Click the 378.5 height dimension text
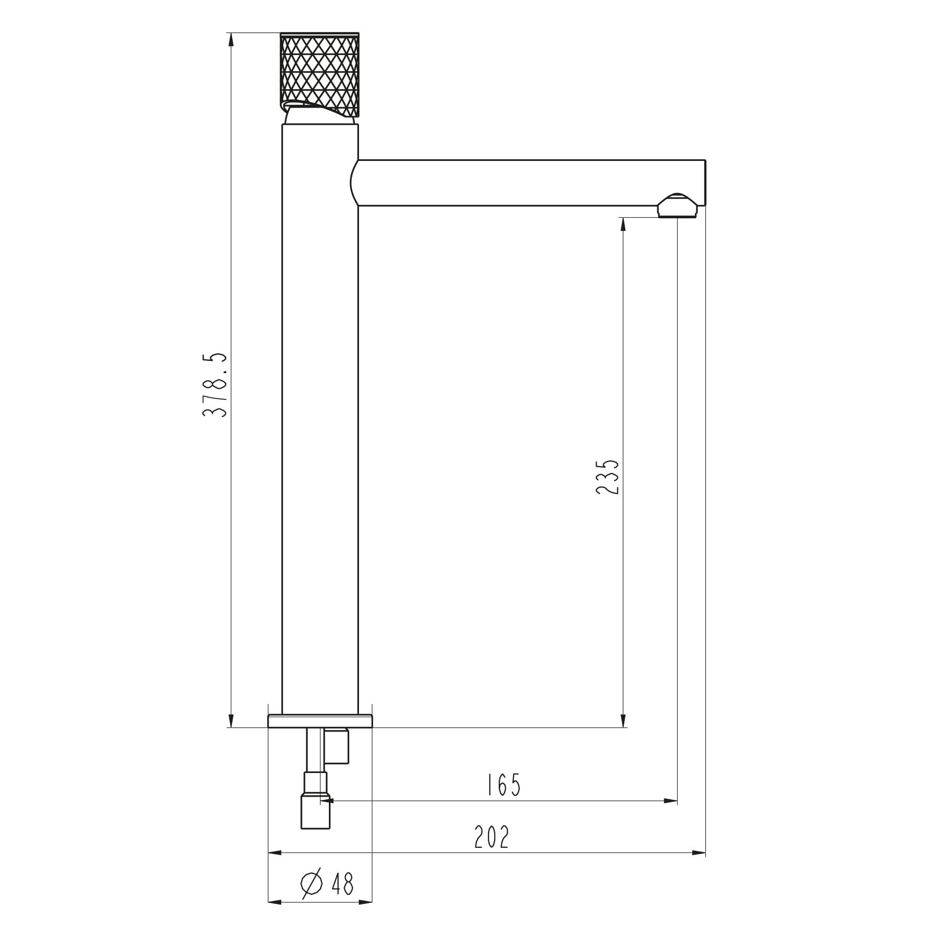215,385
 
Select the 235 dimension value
607,477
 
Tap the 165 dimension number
504,785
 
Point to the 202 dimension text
492,837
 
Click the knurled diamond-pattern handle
319,75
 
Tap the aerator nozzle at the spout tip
677,206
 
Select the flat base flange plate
320,721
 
